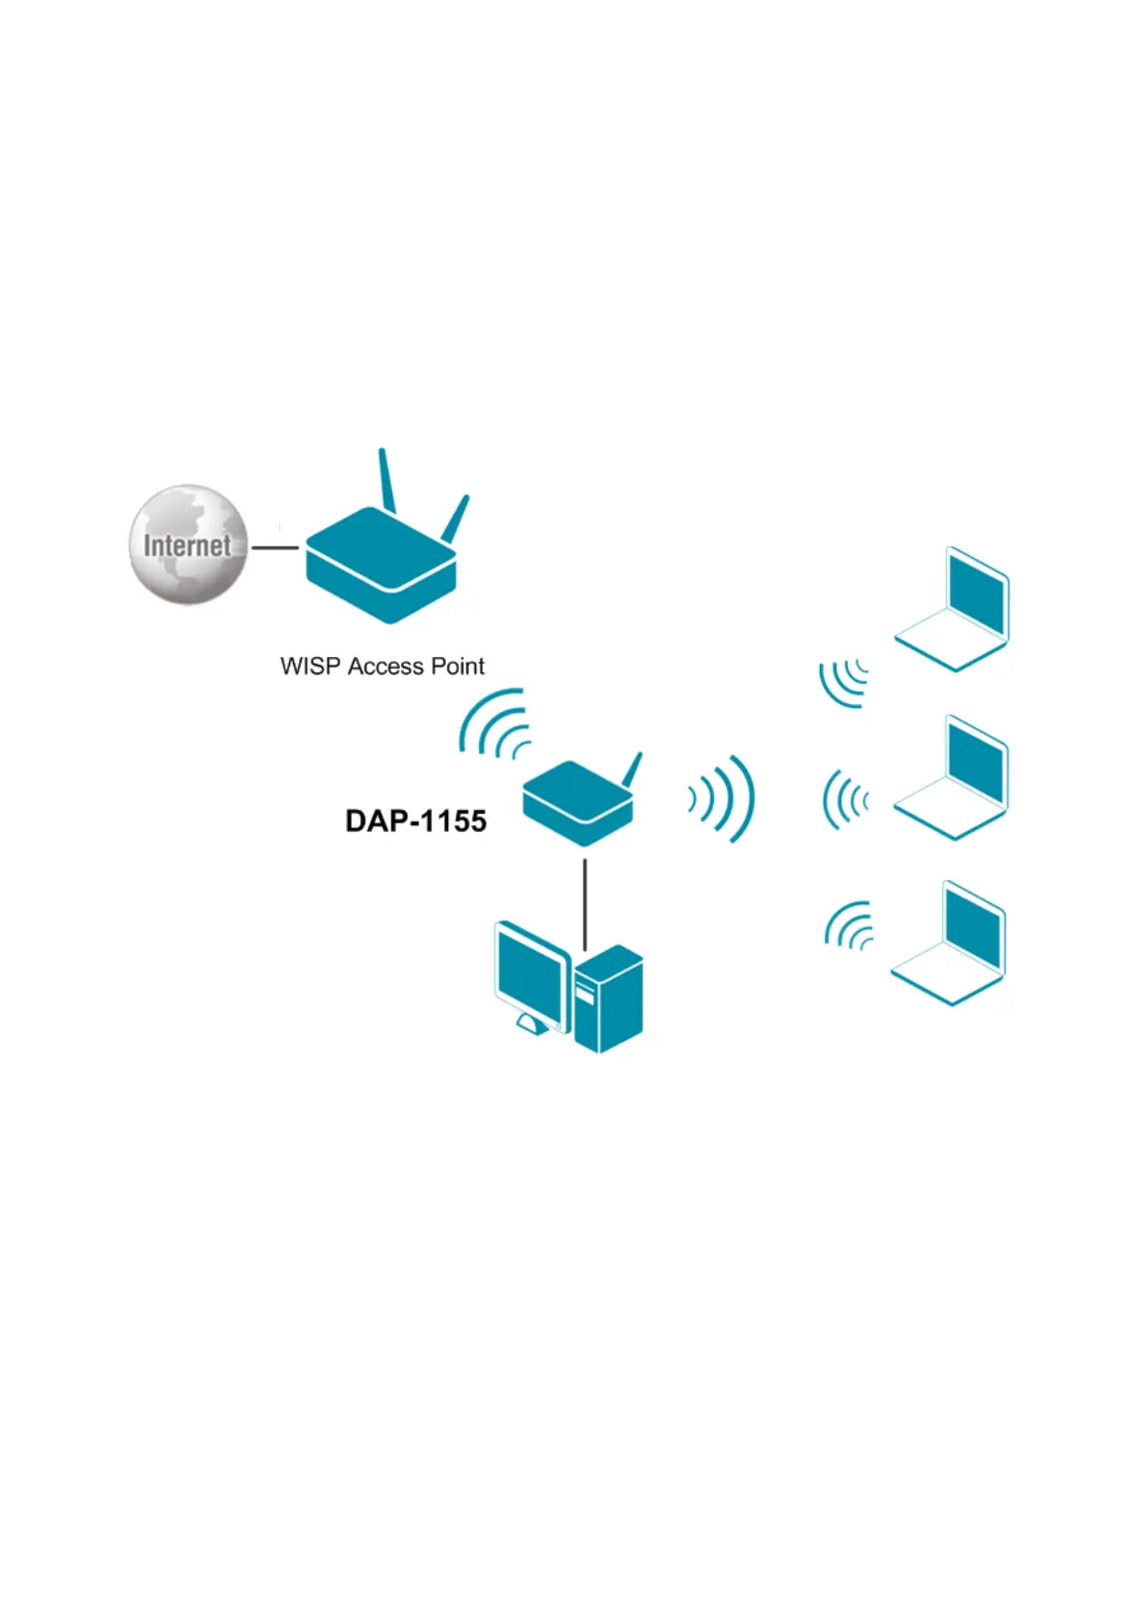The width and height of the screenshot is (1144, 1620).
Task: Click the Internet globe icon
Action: [x=188, y=544]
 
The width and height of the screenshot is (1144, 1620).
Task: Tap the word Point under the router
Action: [x=457, y=666]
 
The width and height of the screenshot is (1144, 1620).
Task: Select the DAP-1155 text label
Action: [x=415, y=821]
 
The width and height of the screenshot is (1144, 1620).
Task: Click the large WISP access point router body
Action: [x=380, y=568]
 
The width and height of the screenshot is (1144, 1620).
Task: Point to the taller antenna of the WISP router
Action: [x=386, y=479]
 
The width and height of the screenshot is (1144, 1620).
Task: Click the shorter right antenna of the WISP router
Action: [x=456, y=518]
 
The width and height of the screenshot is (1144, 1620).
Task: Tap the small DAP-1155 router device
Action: [x=577, y=803]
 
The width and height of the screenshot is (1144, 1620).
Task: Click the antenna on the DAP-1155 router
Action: [x=632, y=770]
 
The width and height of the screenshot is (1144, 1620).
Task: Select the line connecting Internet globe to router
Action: [x=275, y=547]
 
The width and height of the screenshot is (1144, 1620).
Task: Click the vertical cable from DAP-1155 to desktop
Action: [x=584, y=899]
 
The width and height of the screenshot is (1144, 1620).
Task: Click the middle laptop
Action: [x=952, y=779]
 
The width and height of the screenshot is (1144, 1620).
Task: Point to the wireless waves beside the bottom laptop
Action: [x=849, y=925]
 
